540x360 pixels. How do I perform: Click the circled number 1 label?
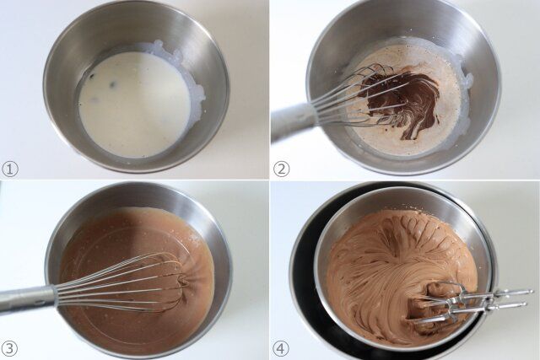(10, 169)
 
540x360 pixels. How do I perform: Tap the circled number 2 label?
(281, 169)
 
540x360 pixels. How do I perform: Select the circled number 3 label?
(10, 348)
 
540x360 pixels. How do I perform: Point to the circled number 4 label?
(281, 348)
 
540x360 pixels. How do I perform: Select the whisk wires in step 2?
(354, 97)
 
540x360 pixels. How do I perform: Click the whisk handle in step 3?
(25, 298)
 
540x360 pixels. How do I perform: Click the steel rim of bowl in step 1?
(136, 10)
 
